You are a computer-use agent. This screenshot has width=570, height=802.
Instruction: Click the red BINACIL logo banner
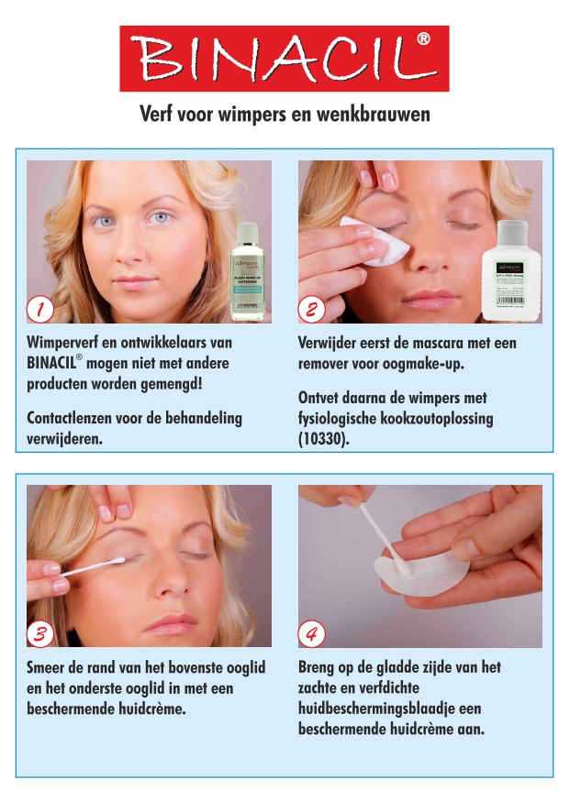(x=284, y=59)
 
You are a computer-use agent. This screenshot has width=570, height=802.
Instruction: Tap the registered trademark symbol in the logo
(x=423, y=39)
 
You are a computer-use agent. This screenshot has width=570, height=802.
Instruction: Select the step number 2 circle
(x=311, y=310)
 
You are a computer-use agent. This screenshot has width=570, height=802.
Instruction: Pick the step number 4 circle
(x=311, y=633)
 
